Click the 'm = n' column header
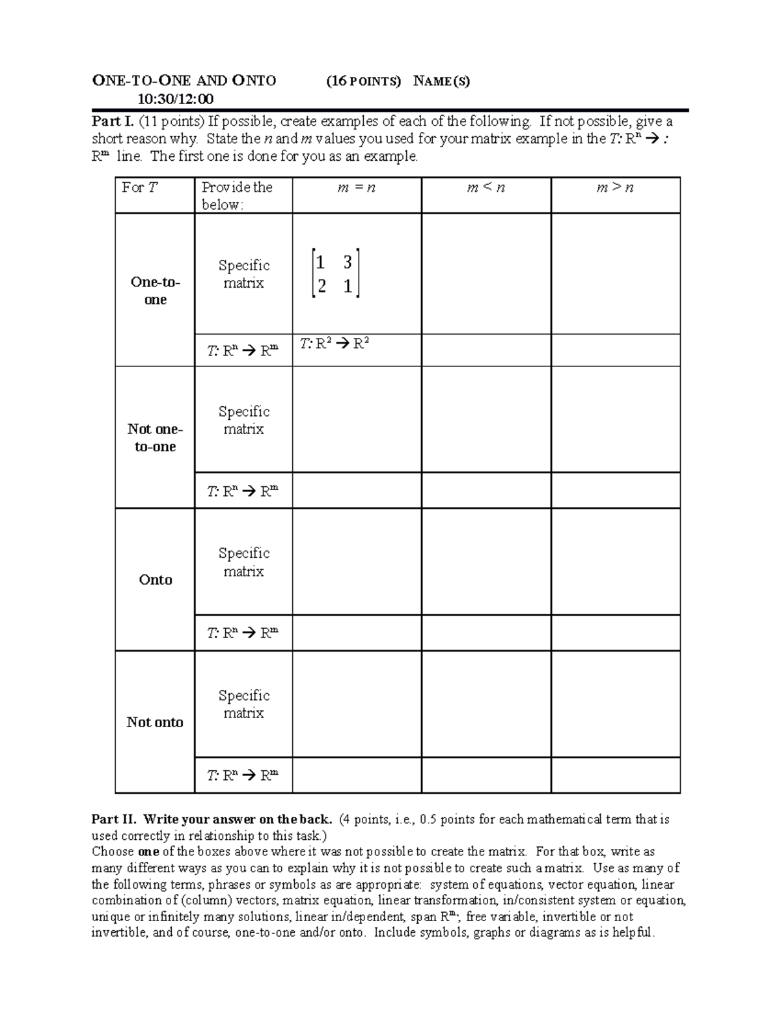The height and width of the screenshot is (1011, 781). click(357, 188)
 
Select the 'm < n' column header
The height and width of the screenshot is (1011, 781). click(486, 188)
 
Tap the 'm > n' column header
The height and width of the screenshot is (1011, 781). click(615, 188)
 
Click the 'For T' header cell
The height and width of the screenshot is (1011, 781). click(139, 187)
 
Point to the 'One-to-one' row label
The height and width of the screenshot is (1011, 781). click(155, 290)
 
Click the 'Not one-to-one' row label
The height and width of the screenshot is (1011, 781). click(155, 437)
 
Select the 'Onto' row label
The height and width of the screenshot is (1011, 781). click(156, 579)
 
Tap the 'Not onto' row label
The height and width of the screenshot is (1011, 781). click(155, 721)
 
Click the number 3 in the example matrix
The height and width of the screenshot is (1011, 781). click(348, 262)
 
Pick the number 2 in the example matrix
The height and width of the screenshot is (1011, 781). click(321, 286)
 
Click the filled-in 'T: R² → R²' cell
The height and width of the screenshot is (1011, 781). click(335, 344)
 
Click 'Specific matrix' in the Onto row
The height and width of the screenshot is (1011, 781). click(243, 562)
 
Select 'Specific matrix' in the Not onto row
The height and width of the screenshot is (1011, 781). click(243, 704)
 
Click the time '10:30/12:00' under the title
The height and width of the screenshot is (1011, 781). click(175, 99)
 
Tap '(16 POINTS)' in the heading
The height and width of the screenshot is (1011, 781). click(364, 81)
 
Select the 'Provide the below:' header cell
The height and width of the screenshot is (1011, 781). click(237, 195)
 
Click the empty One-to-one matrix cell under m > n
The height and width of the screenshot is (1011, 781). click(615, 273)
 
